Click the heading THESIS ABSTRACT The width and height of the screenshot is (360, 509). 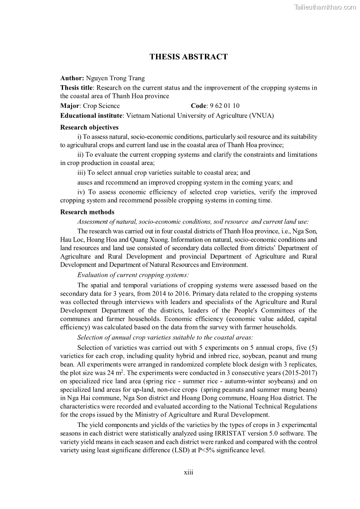pos(189,57)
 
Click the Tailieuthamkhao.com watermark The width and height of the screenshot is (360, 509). pos(326,7)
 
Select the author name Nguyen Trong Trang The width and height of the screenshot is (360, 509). pos(115,78)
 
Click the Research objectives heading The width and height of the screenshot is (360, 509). pos(89,127)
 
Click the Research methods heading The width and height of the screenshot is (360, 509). pos(87,212)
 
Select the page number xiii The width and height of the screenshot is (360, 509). pos(189,472)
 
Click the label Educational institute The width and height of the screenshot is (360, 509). pos(92,116)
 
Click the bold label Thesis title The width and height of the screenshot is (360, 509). pos(77,87)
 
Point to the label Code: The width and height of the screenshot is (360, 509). pos(199,106)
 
